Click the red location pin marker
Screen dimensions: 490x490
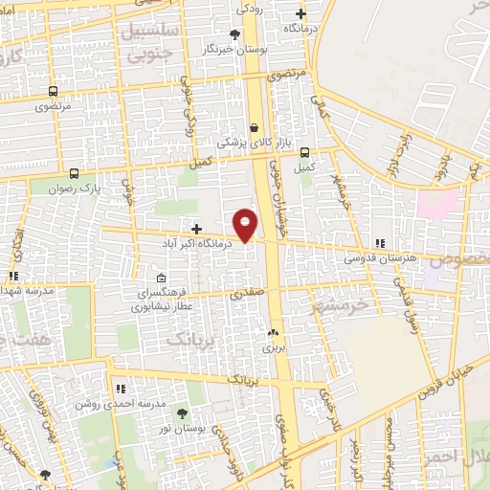tap(246, 225)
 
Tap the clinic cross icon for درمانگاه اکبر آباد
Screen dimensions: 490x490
tap(196, 229)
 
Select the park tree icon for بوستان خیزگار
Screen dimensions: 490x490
tap(234, 34)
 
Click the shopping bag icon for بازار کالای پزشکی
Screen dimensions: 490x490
tap(254, 127)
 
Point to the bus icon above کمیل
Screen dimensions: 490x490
tap(304, 152)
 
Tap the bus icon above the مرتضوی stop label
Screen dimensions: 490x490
tap(54, 93)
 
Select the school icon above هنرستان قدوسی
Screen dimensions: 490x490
tap(380, 244)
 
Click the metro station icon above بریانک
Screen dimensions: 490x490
tap(275, 333)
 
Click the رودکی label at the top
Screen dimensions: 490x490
tap(250, 9)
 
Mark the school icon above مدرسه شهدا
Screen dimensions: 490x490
tap(13, 276)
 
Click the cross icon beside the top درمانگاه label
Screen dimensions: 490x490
tap(301, 13)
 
